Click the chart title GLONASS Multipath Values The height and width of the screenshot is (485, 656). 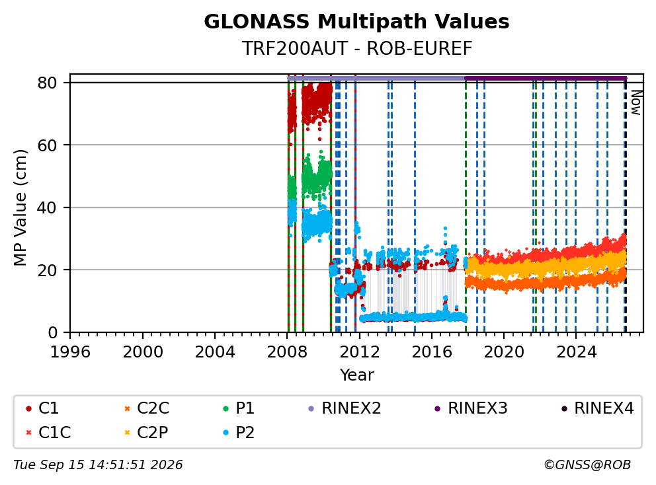click(356, 22)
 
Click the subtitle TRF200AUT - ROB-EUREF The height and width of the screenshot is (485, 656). click(357, 48)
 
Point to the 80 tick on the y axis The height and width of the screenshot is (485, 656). click(47, 83)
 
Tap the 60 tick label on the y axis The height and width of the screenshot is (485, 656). click(47, 145)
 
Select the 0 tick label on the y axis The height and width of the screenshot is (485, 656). click(52, 332)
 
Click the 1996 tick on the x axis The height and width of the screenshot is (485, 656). click(70, 352)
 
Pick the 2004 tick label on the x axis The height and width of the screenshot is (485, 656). click(215, 352)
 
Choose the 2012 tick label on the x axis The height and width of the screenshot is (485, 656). click(359, 352)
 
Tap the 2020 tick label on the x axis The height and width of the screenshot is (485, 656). click(504, 352)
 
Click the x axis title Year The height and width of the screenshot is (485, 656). click(356, 375)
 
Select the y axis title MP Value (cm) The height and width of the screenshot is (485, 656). click(20, 207)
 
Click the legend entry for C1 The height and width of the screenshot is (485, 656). click(42, 408)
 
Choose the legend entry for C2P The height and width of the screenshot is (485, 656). click(146, 432)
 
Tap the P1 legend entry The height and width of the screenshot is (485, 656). click(239, 408)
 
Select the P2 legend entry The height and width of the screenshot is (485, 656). click(239, 432)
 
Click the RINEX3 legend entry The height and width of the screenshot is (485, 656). click(471, 408)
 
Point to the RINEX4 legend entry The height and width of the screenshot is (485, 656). click(597, 408)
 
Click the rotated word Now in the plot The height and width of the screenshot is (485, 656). click(636, 102)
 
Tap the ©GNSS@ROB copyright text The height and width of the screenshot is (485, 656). click(587, 465)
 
